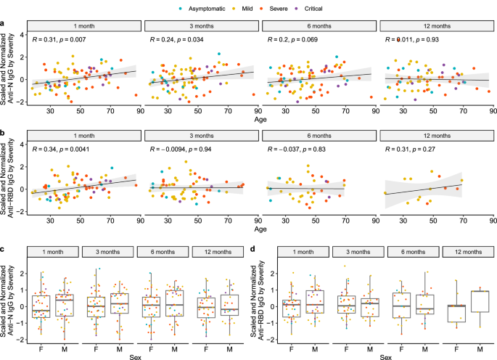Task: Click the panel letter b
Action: [4, 134]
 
